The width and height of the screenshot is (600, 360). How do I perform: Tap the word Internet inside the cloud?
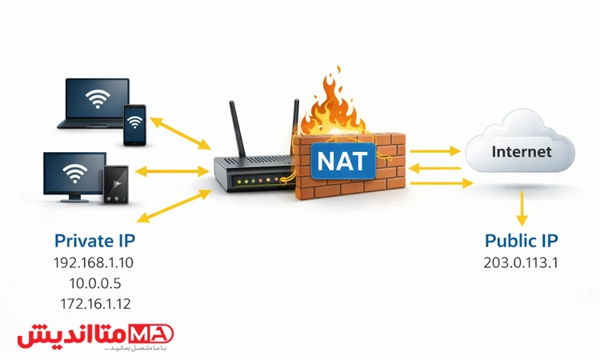pos(521,150)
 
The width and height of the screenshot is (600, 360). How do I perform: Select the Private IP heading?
pos(94,240)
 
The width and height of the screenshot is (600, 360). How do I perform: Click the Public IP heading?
pos(521,240)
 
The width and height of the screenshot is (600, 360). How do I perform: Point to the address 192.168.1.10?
pos(94,262)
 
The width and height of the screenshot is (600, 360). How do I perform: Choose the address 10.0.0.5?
pos(94,282)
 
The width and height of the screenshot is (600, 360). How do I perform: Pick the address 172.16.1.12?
pos(94,303)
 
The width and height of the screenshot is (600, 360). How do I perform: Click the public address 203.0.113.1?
pos(521,262)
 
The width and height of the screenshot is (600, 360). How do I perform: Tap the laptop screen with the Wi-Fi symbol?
pos(98,100)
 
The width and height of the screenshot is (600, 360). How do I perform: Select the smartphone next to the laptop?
pos(134,124)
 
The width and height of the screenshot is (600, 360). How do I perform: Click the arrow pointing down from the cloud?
pos(521,210)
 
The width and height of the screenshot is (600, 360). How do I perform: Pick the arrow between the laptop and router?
pos(182,133)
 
